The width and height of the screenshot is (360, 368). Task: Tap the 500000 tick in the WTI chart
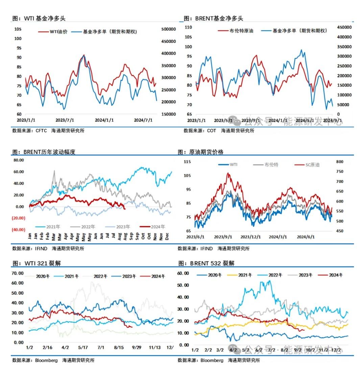pyautogui.click(x=169, y=29)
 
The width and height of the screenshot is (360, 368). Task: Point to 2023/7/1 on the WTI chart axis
pyautogui.click(x=65, y=120)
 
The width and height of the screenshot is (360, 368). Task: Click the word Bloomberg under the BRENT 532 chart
pyautogui.click(x=212, y=360)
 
